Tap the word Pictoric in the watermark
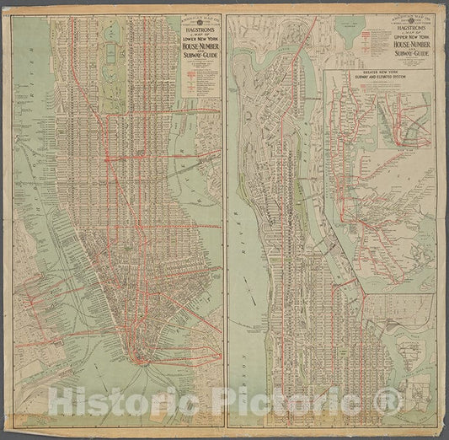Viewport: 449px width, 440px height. pos(299,396)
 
